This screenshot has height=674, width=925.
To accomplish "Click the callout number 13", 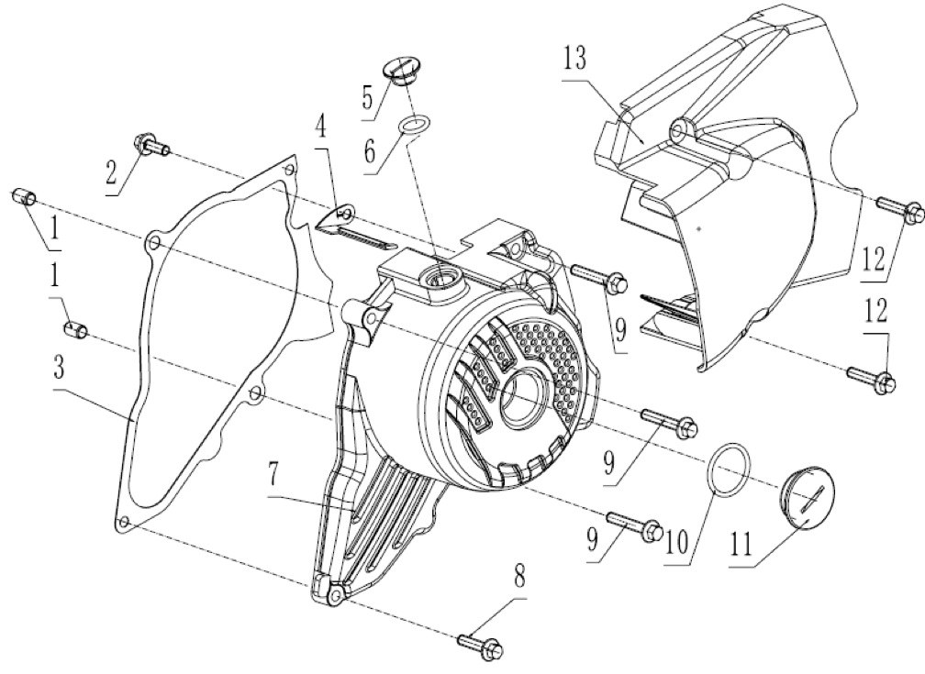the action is [x=574, y=59].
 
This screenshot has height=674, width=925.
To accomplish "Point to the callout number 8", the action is [x=518, y=579].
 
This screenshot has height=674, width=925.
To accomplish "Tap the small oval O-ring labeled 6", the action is [x=416, y=125].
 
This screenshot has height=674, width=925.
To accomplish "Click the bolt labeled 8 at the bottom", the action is [x=480, y=643].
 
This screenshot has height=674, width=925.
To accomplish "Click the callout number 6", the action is [x=369, y=151].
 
